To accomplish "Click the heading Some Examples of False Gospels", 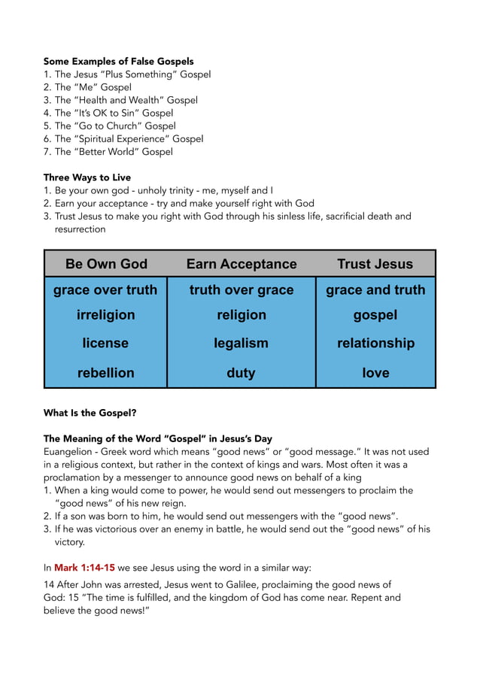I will pos(118,61).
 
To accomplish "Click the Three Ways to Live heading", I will pos(87,177).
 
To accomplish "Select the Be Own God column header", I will pos(106,264).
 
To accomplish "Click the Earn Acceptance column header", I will pos(242,264).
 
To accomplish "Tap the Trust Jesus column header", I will pos(375,264).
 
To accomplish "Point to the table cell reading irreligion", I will pos(106,315).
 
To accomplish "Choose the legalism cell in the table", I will pos(242,343).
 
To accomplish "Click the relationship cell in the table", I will pos(375,343).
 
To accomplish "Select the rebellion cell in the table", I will pos(106,372).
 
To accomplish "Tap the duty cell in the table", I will pos(242,372).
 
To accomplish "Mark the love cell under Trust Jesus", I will pos(375,372).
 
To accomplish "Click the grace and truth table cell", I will pos(375,289).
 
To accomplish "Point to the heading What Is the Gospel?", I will pos(90,413).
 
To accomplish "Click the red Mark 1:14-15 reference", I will pos(84,568).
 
